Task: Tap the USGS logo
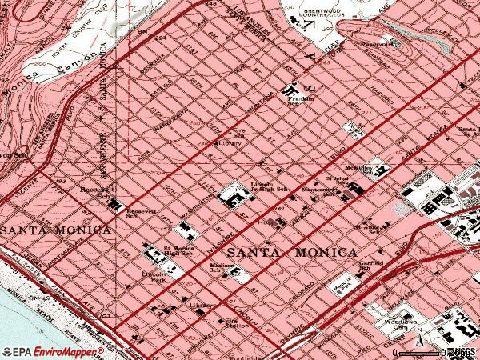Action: (x=462, y=351)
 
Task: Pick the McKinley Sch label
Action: (x=358, y=169)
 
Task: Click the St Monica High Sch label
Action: (x=178, y=251)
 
